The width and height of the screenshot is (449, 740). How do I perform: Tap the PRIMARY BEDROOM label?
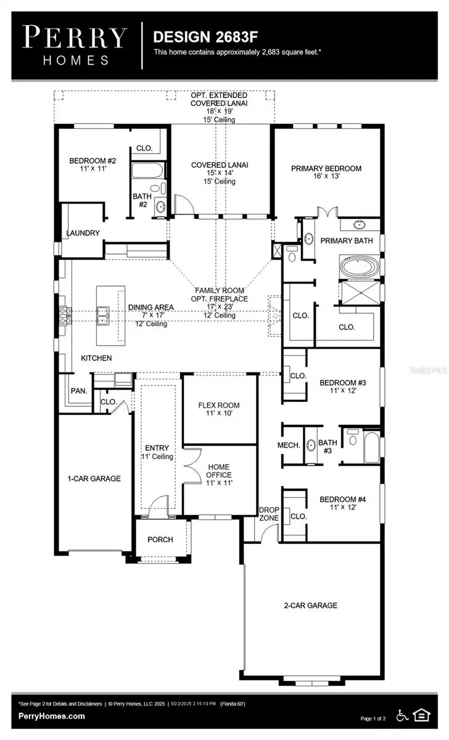pos(326,168)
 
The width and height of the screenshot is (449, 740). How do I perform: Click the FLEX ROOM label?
pos(218,405)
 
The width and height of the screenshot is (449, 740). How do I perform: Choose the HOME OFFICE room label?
pos(219,471)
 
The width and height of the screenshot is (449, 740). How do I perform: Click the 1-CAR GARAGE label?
pos(94,478)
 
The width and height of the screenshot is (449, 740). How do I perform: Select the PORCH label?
pos(160,540)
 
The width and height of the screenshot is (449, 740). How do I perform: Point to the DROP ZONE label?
pos(268,514)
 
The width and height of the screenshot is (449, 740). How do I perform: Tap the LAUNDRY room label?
pos(83,232)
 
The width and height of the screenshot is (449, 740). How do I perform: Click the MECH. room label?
pos(289,445)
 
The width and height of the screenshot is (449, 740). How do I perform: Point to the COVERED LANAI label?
pos(220,165)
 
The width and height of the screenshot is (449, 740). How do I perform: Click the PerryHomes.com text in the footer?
pos(52,716)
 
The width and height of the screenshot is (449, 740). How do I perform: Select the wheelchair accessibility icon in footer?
pos(402,715)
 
